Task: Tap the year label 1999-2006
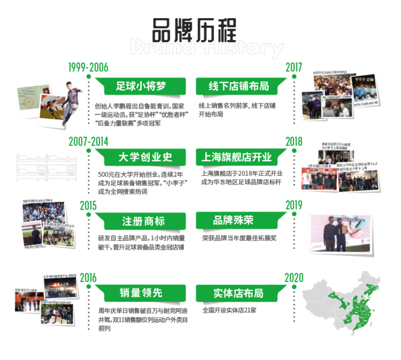tap(88, 67)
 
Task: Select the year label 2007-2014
tap(88, 141)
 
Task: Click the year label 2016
tap(88, 278)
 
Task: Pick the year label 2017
tap(294, 67)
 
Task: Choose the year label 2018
tap(294, 141)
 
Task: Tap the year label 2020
tap(294, 278)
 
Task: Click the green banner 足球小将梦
tap(140, 86)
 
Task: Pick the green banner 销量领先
tap(141, 293)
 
